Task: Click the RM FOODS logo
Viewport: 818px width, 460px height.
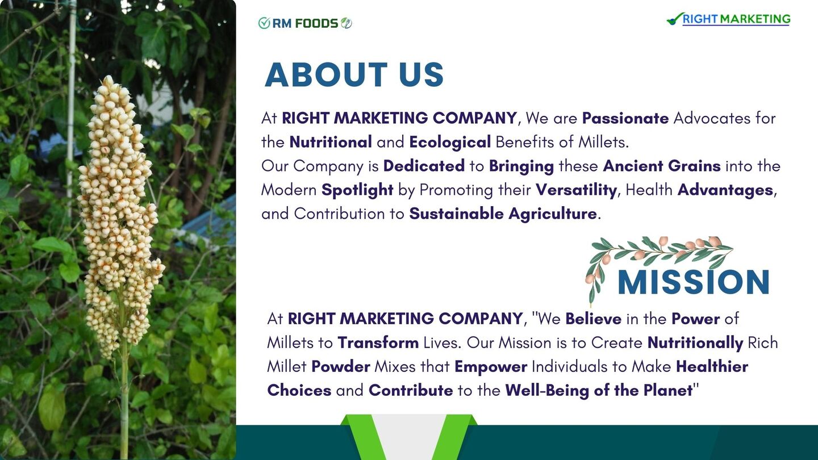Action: pyautogui.click(x=305, y=23)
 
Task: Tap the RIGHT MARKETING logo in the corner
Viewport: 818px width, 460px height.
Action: pyautogui.click(x=728, y=19)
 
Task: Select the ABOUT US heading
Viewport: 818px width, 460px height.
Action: pyautogui.click(x=354, y=74)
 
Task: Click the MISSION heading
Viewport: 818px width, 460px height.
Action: pyautogui.click(x=694, y=282)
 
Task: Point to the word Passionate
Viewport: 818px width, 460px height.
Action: pyautogui.click(x=625, y=118)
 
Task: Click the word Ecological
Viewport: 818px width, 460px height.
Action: pyautogui.click(x=450, y=143)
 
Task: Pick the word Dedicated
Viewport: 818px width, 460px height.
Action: pyautogui.click(x=424, y=166)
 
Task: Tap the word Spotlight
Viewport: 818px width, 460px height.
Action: pyautogui.click(x=357, y=190)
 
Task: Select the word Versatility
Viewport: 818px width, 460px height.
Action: pyautogui.click(x=576, y=190)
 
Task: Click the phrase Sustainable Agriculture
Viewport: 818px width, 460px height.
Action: pyautogui.click(x=503, y=214)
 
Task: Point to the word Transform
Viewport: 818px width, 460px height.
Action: pyautogui.click(x=378, y=343)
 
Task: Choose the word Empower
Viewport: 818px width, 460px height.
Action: pyautogui.click(x=491, y=367)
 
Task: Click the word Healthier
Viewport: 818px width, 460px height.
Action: pyautogui.click(x=712, y=366)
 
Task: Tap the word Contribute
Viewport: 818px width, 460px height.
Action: pyautogui.click(x=411, y=390)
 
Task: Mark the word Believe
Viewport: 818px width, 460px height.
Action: pyautogui.click(x=594, y=319)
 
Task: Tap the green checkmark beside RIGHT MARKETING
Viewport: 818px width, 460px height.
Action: pyautogui.click(x=675, y=19)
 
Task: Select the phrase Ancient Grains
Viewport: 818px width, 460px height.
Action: pyautogui.click(x=662, y=166)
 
